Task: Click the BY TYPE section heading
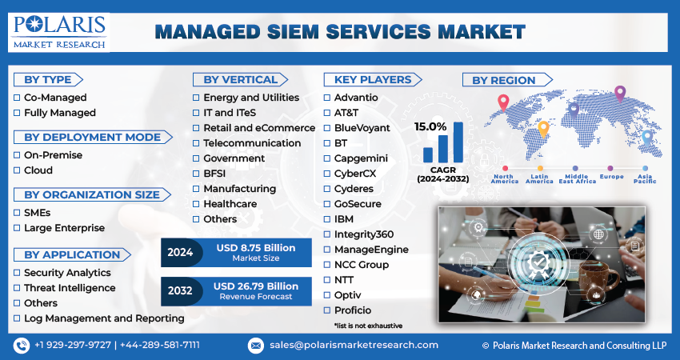point(48,79)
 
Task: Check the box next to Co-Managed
point(17,98)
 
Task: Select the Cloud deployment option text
point(38,170)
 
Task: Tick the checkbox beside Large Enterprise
point(17,228)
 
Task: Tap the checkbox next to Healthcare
point(196,204)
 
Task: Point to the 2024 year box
point(179,252)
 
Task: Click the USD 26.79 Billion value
point(256,286)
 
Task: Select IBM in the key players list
point(343,218)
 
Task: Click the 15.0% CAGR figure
point(430,126)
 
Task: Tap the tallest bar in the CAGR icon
point(458,142)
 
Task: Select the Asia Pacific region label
point(645,179)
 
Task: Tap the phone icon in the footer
point(22,345)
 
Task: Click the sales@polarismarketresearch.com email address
point(353,345)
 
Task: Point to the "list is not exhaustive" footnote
point(368,326)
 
